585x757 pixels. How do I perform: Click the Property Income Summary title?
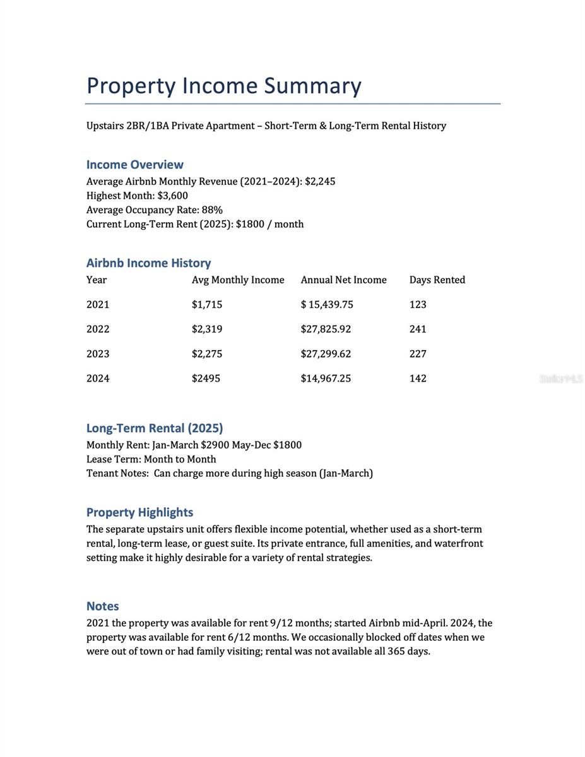224,86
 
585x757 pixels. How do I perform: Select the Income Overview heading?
134,165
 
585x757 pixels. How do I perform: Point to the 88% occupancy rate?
212,210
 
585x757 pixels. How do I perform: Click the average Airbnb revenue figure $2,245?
320,182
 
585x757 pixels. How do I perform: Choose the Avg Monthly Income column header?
238,280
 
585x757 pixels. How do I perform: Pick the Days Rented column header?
437,280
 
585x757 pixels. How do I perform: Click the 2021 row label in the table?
98,305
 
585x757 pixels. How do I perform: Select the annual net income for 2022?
326,329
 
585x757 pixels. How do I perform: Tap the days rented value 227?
418,354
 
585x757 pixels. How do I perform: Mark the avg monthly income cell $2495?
206,378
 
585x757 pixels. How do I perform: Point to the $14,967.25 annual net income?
326,378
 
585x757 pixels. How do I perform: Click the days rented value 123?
418,305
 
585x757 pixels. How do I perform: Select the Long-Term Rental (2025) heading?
155,428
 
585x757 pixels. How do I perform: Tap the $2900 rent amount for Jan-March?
215,445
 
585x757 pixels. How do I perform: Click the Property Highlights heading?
139,512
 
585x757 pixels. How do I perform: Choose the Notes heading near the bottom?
102,606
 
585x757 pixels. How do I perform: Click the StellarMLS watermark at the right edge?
560,378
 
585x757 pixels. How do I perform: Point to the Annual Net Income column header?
343,280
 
